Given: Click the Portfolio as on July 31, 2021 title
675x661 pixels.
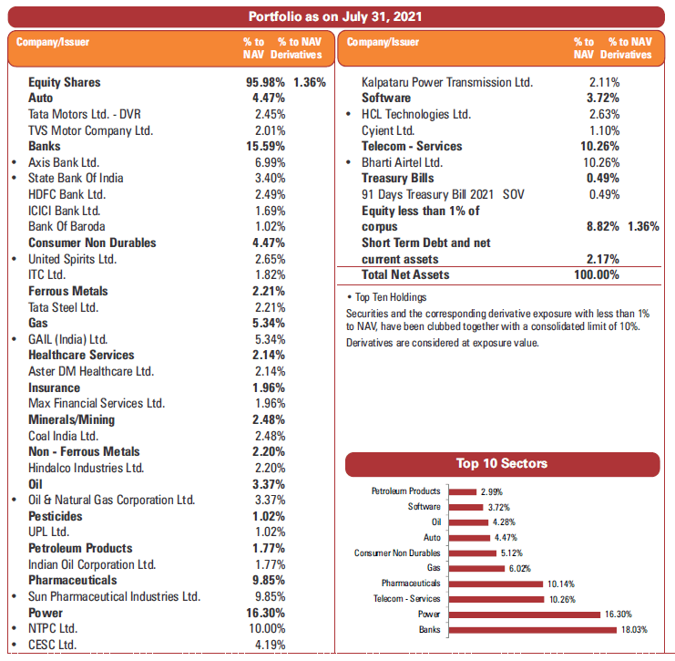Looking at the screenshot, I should coord(335,16).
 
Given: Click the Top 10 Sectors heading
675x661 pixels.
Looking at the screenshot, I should coord(501,464).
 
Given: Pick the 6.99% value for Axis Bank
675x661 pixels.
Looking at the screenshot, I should coord(269,162).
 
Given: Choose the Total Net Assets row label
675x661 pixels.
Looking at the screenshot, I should coord(405,274).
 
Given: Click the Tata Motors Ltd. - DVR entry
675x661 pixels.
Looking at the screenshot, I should coord(85,114).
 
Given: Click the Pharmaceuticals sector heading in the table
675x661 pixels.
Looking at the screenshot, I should coord(72,580).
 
